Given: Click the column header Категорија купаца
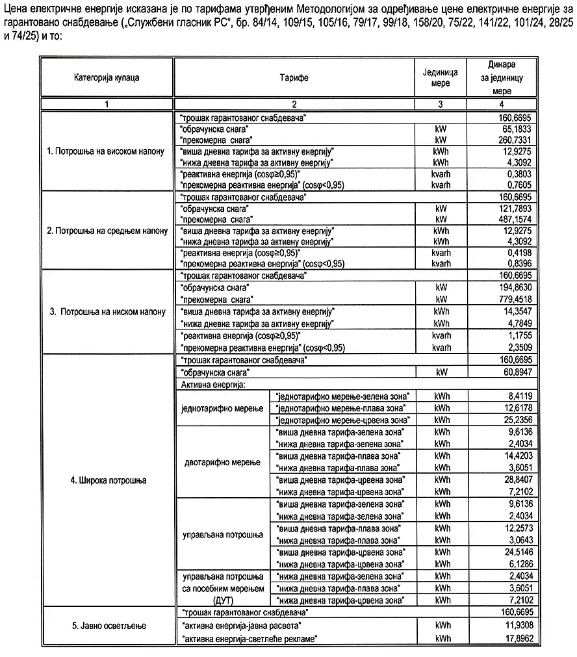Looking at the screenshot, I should click(107, 77).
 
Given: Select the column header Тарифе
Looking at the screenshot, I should click(294, 77).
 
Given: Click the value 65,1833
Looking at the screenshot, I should click(518, 129).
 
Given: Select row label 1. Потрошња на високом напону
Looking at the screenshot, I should click(107, 151).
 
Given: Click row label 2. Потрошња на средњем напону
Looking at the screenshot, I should click(107, 230).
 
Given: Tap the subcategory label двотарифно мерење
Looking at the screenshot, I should click(222, 462).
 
